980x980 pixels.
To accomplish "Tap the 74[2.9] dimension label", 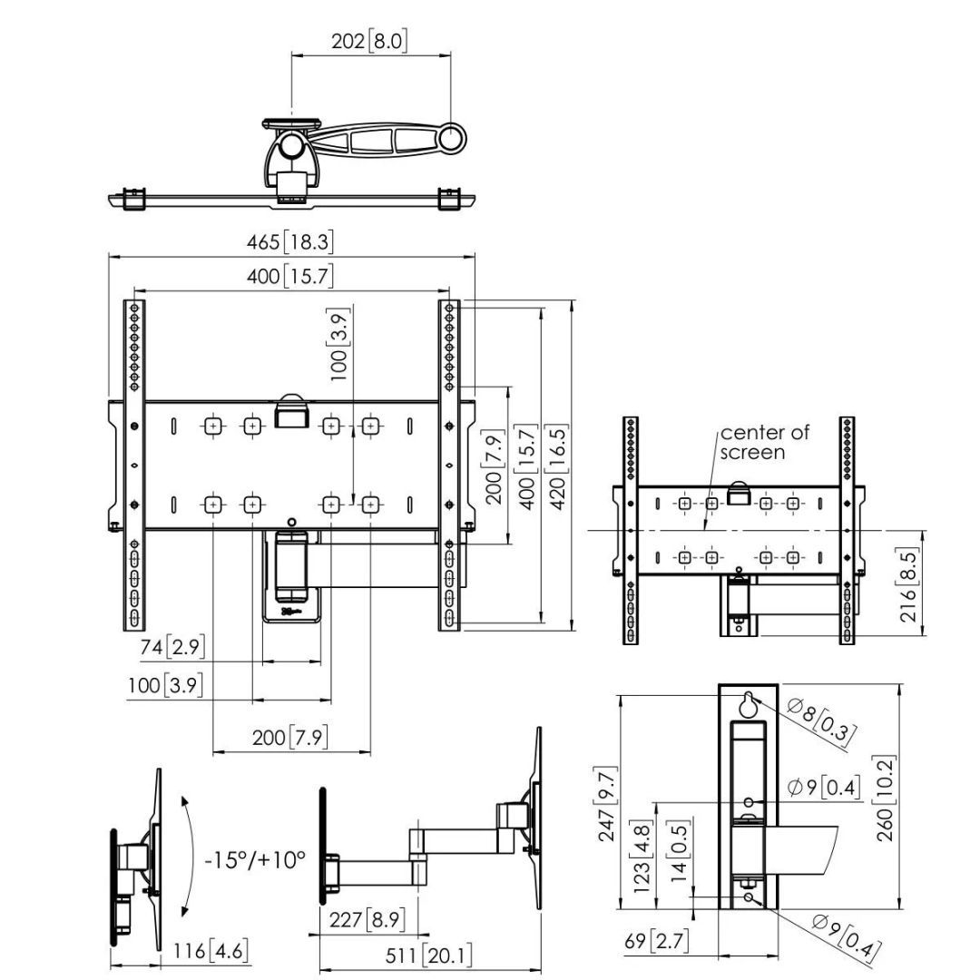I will click(x=172, y=647).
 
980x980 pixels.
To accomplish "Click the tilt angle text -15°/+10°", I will click(x=255, y=859).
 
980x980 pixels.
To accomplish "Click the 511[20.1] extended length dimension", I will click(x=427, y=955).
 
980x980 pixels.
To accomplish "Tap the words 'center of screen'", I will click(x=764, y=442).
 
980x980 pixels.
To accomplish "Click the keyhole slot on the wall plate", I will click(x=748, y=703).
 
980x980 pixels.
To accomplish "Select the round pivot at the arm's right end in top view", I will click(x=451, y=138).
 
